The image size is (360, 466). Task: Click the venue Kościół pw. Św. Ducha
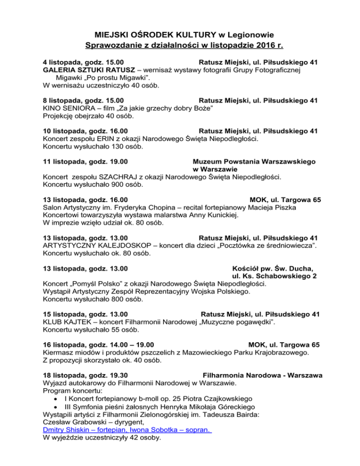(273, 269)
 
